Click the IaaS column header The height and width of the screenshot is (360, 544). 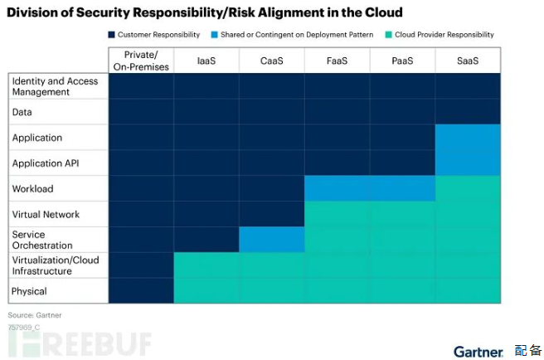206,61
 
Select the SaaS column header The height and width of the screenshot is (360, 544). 468,61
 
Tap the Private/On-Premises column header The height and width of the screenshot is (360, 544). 141,61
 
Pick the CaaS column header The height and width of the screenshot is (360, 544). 272,61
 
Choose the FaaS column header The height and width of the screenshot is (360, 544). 338,61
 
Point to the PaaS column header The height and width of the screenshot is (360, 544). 403,61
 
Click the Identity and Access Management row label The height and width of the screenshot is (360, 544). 55,86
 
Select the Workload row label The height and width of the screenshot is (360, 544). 33,189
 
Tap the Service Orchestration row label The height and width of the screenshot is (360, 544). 42,240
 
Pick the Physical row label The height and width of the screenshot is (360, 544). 29,291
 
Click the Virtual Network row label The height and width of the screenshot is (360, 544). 46,214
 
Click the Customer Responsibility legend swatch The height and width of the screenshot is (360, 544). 111,35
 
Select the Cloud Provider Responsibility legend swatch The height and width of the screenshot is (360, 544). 387,35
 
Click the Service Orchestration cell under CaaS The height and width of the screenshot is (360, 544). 272,240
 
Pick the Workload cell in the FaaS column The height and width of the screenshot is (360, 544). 338,188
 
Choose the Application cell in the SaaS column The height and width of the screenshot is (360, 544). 468,138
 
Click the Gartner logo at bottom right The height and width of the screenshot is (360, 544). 478,351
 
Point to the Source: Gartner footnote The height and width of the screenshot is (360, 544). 35,315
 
